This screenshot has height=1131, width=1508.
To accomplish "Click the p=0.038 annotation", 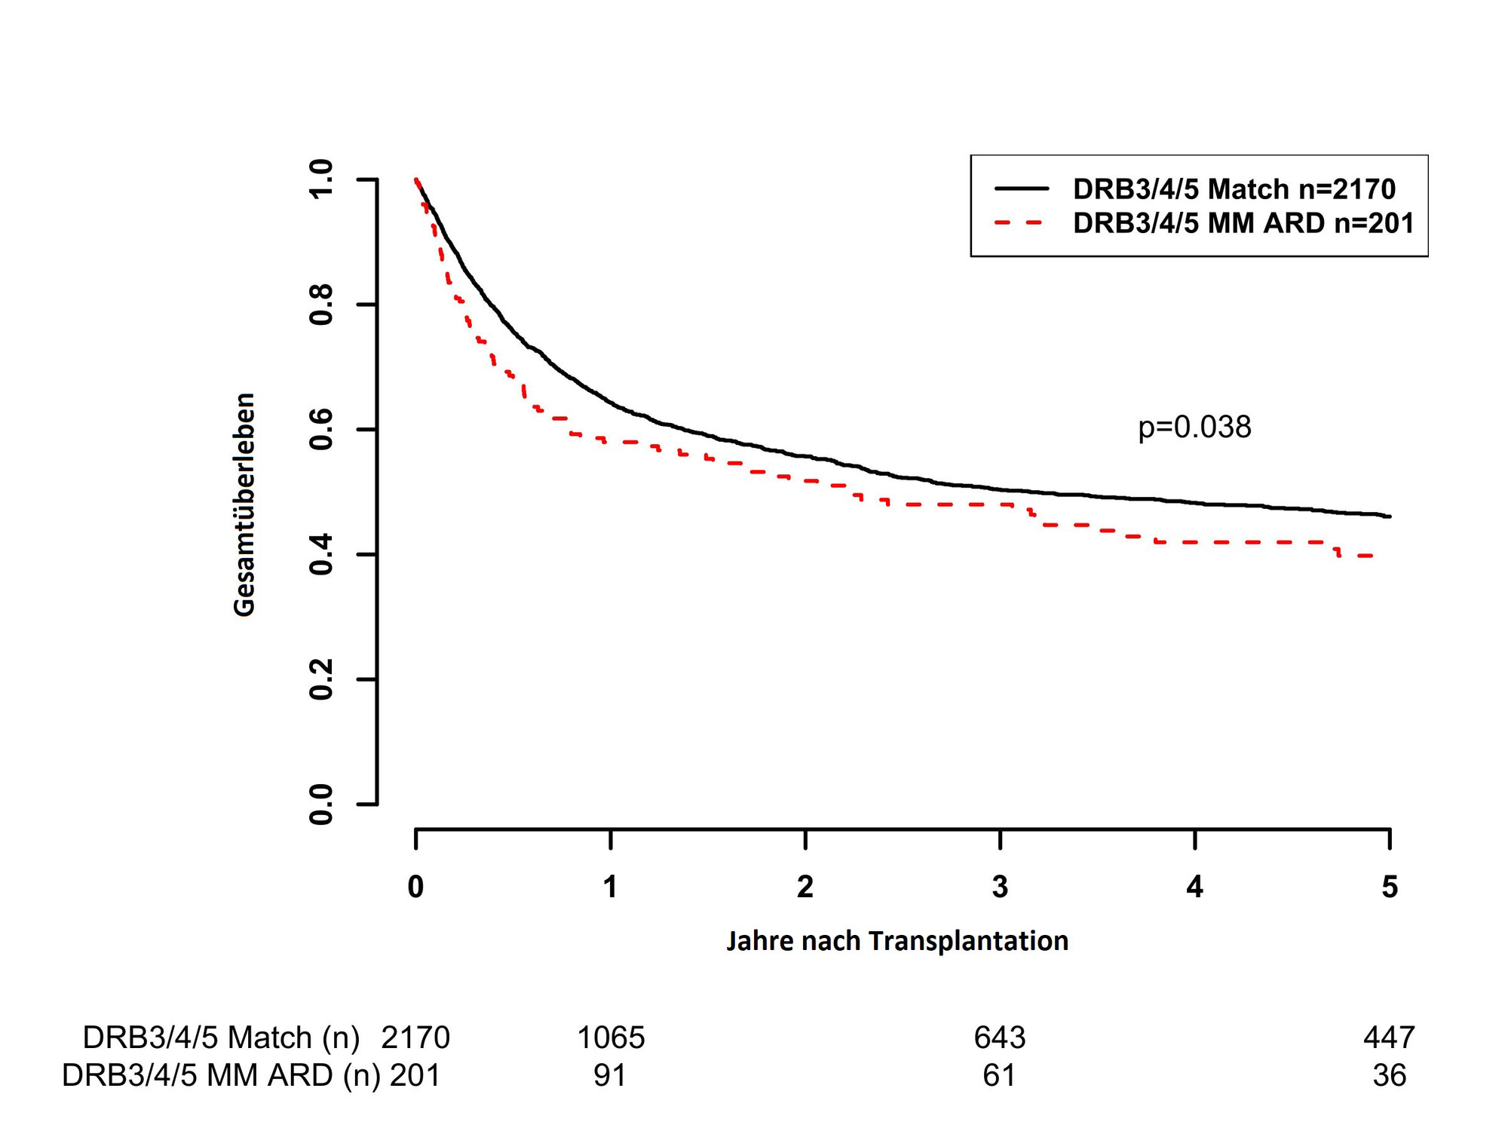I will [x=1194, y=428].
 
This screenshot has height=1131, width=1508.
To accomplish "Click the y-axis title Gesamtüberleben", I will [x=244, y=504].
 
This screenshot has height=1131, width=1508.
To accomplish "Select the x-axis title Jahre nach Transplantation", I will [x=897, y=941].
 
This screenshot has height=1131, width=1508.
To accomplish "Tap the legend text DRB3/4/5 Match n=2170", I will [x=1234, y=188].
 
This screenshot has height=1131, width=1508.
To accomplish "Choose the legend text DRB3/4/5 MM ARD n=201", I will [x=1243, y=223].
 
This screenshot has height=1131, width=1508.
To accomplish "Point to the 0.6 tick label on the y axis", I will [x=321, y=429].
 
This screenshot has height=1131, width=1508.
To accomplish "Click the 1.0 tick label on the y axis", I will [x=321, y=179].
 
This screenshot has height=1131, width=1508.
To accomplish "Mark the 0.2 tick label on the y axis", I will [x=321, y=679].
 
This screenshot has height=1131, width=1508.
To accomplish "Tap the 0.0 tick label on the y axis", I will [x=321, y=804].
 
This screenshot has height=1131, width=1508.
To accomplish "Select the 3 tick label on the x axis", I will [x=1000, y=887].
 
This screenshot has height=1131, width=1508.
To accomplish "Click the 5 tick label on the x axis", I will [x=1389, y=887].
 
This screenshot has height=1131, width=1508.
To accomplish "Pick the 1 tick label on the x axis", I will [x=610, y=887].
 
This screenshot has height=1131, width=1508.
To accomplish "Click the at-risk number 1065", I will [x=611, y=1038].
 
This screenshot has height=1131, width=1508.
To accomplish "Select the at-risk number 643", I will [x=1000, y=1038].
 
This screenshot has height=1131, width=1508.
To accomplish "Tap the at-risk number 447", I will [x=1389, y=1038].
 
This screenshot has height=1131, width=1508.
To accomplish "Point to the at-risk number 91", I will [x=609, y=1076].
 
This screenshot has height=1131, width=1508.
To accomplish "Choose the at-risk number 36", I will [x=1389, y=1076].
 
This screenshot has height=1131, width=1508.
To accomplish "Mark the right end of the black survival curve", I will [x=1390, y=516].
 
